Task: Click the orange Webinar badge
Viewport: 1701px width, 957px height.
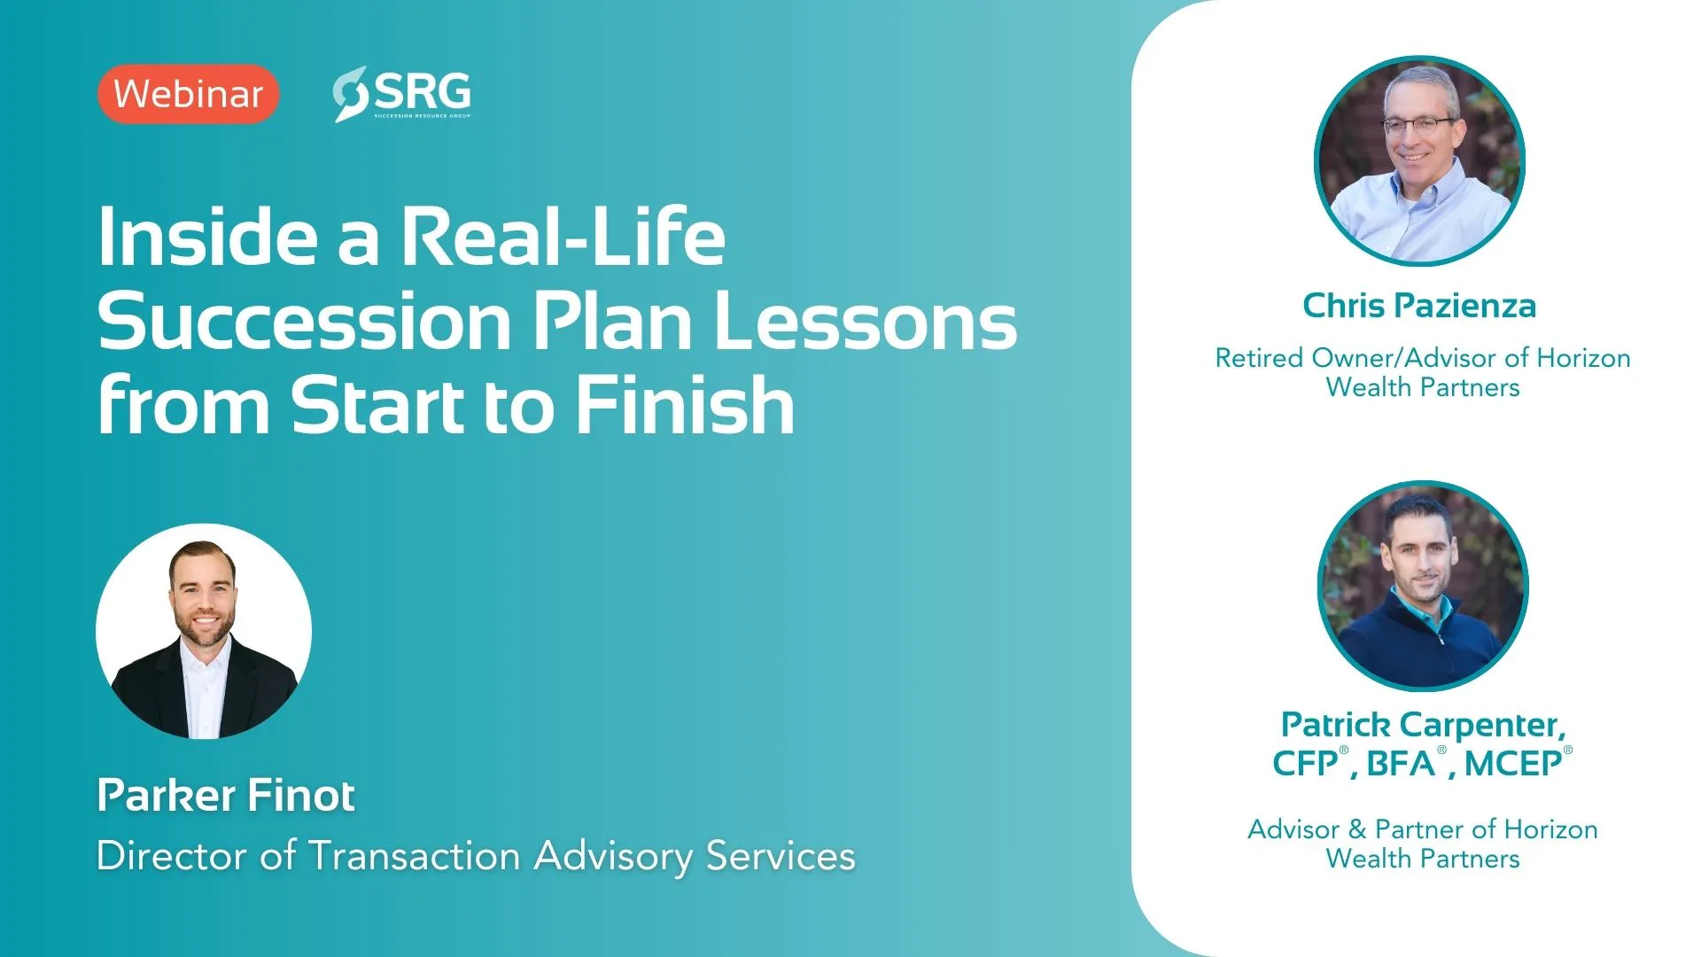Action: (x=189, y=94)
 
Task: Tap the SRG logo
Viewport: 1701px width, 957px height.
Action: (x=401, y=94)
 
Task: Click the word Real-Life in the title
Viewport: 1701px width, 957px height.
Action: (x=563, y=237)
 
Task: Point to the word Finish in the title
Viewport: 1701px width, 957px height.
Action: (x=686, y=405)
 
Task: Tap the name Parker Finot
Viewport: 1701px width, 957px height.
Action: (x=226, y=795)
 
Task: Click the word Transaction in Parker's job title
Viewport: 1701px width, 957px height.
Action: (x=414, y=856)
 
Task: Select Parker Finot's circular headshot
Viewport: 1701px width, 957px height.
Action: (x=204, y=631)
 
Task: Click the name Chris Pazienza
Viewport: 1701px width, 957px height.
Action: (x=1419, y=306)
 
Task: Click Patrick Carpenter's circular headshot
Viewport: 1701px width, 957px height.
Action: (x=1423, y=586)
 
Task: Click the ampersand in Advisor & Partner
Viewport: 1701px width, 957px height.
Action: (x=1357, y=829)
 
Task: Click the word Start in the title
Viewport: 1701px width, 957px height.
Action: (x=378, y=405)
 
